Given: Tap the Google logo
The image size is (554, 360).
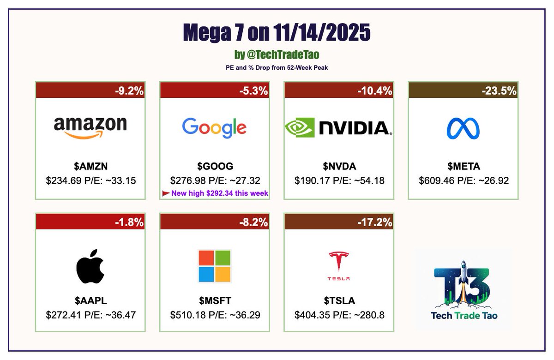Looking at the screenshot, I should [214, 127].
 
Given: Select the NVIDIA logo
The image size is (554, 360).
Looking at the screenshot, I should [339, 127].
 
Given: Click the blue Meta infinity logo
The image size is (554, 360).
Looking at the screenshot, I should [463, 128].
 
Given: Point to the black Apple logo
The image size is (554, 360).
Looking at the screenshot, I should [90, 266].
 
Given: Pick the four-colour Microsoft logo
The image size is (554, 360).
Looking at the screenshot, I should [214, 266].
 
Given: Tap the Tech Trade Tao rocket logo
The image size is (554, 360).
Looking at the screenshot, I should [464, 288].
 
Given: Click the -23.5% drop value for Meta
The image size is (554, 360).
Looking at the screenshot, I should [498, 91].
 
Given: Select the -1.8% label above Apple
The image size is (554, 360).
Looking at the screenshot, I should [129, 222].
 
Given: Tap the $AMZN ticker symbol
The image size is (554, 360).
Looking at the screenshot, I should [90, 167].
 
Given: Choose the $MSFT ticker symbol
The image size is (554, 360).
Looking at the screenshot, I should [214, 301].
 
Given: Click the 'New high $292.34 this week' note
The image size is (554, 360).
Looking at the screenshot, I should [220, 193].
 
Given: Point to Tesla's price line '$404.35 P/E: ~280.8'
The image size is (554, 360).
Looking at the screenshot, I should [339, 315].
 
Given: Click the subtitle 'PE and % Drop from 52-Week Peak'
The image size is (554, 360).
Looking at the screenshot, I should [277, 67].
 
